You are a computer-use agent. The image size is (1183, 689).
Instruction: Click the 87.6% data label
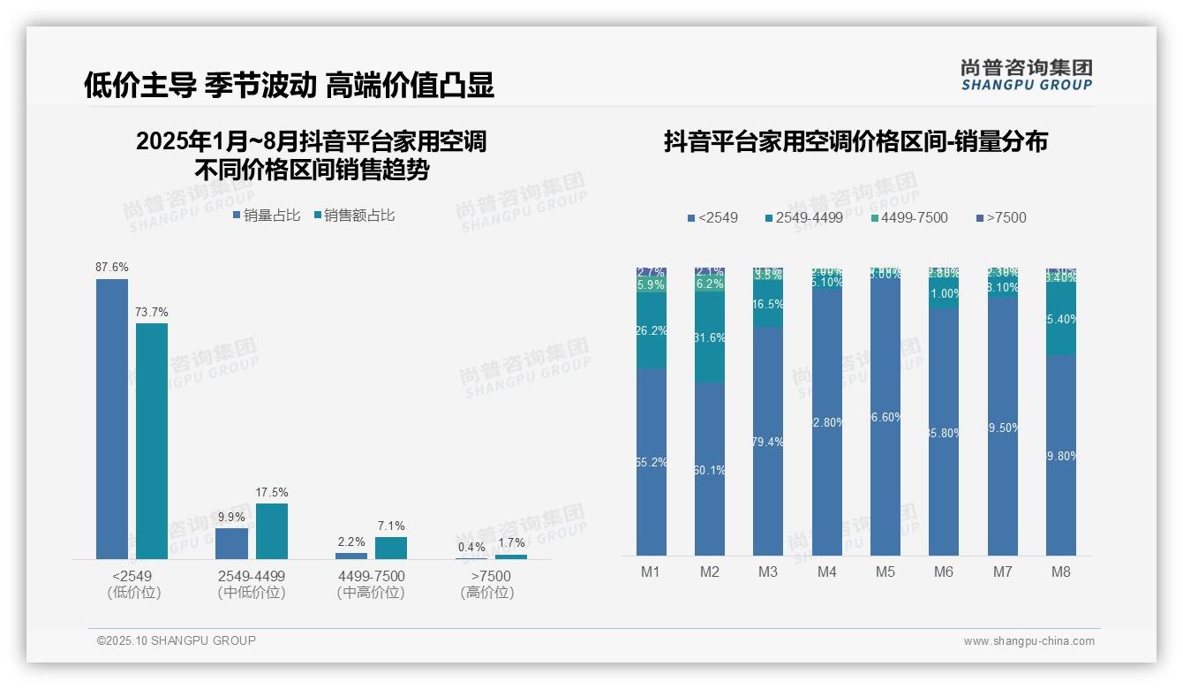pyautogui.click(x=112, y=267)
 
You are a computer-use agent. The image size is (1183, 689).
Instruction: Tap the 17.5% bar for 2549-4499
pyautogui.click(x=272, y=531)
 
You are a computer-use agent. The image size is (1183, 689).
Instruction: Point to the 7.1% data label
pyautogui.click(x=391, y=526)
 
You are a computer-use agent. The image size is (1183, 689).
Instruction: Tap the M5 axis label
pyautogui.click(x=885, y=572)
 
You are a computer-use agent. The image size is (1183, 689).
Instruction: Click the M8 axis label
pyautogui.click(x=1060, y=572)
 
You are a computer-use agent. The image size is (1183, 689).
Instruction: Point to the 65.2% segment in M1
pyautogui.click(x=651, y=461)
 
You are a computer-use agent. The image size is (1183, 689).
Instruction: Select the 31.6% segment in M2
pyautogui.click(x=710, y=338)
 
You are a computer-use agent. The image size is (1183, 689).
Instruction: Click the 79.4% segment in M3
pyautogui.click(x=768, y=441)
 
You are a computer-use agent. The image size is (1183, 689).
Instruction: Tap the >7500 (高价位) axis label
pyautogui.click(x=486, y=584)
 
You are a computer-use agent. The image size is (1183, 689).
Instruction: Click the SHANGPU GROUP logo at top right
pyautogui.click(x=1026, y=75)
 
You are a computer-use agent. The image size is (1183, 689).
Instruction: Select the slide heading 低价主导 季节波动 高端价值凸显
pyautogui.click(x=289, y=85)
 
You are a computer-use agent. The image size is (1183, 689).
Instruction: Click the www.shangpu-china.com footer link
pyautogui.click(x=1029, y=641)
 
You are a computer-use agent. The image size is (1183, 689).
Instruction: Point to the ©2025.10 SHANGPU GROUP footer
pyautogui.click(x=177, y=640)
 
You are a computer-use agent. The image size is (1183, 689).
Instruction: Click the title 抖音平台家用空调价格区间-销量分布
pyautogui.click(x=855, y=141)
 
